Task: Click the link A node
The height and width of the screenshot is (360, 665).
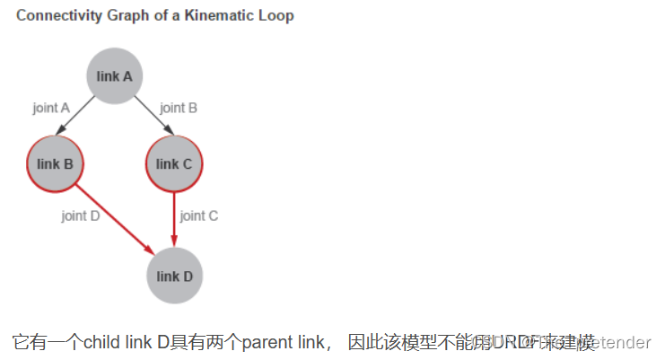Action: click(x=115, y=76)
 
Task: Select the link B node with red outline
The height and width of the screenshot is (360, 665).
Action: click(x=55, y=163)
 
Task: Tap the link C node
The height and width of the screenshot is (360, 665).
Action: click(x=174, y=163)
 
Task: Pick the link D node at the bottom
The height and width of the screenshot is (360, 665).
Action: click(x=174, y=276)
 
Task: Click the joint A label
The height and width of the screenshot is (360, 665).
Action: click(x=51, y=108)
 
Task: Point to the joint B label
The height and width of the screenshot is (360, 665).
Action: click(x=179, y=108)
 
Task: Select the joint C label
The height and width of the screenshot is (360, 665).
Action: click(x=199, y=215)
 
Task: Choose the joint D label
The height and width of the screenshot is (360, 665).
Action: click(x=80, y=215)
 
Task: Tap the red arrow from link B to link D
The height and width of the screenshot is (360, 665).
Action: click(x=113, y=218)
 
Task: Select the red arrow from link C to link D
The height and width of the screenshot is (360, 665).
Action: click(x=174, y=220)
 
